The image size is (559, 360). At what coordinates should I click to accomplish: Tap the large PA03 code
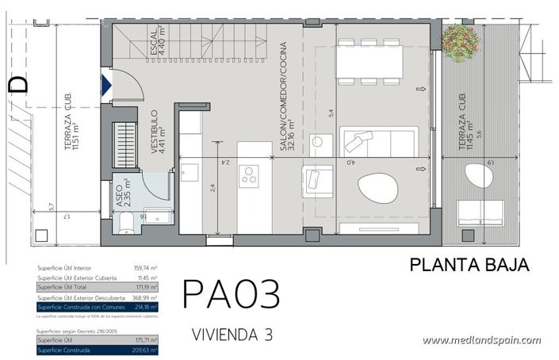coord(231,293)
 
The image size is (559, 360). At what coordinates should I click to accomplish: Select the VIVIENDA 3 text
coord(232,335)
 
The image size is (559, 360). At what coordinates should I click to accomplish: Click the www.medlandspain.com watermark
coord(481,340)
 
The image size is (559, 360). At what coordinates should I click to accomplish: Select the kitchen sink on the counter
coord(190,172)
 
